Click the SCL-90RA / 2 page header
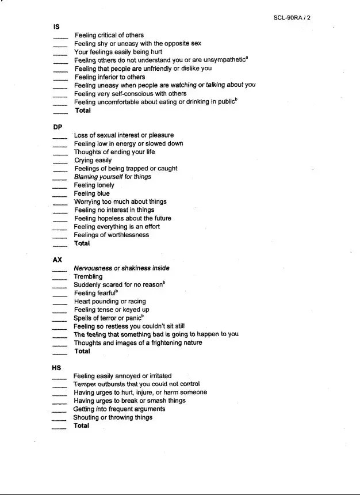292,17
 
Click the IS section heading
56,26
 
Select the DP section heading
58,127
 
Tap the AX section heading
58,260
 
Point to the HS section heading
58,367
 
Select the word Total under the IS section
83,111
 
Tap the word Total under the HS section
81,426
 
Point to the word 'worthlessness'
127,235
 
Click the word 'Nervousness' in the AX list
93,268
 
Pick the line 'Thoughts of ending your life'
114,152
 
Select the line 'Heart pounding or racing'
110,301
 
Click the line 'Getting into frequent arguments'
119,409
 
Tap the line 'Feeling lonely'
94,185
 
